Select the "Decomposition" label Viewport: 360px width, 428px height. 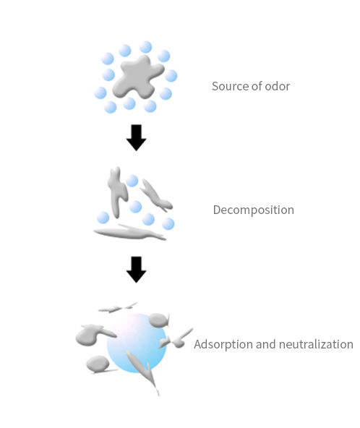coord(254,210)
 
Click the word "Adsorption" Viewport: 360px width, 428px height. coord(223,344)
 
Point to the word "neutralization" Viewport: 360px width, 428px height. coord(316,344)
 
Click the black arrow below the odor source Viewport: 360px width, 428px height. coord(136,137)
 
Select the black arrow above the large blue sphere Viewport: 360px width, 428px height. coord(136,270)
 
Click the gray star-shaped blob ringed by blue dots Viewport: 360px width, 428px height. coord(137,77)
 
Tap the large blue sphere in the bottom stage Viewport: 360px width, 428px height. coord(136,343)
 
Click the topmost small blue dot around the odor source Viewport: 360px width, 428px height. coord(146,47)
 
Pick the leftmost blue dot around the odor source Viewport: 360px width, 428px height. coord(100,93)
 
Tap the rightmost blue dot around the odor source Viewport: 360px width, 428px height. coord(171,76)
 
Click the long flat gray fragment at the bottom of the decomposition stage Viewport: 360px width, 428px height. coord(129,233)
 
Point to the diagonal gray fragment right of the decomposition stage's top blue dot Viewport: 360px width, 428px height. coord(156,195)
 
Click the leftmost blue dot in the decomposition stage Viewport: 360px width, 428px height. coord(103,218)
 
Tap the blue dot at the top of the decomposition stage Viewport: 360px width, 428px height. coord(132,181)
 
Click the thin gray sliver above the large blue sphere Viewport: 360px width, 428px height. coord(118,308)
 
